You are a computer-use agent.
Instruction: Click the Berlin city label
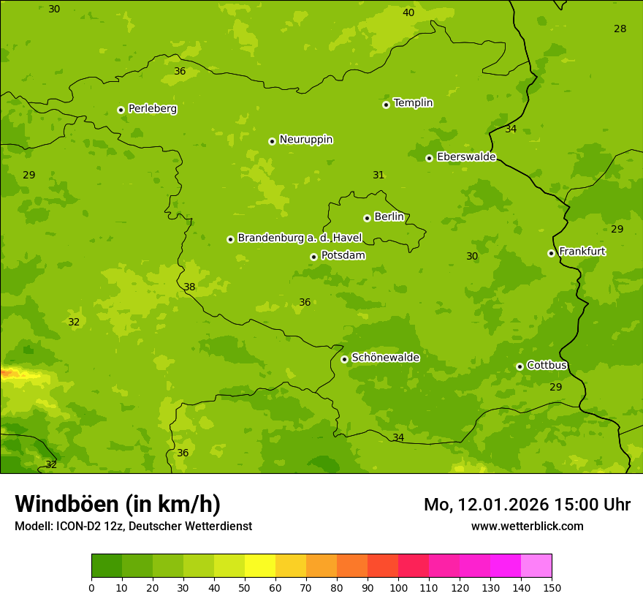coord(389,217)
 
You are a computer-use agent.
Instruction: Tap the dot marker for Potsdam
coord(313,257)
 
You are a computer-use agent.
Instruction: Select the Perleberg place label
coord(152,109)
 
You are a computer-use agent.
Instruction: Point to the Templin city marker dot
coord(386,105)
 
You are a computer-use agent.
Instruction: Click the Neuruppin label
coord(305,140)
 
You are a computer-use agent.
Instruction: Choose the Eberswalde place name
coord(466,157)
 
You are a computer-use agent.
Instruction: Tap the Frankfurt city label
coord(582,252)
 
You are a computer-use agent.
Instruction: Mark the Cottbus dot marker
coord(520,366)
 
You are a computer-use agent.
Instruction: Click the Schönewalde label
coord(385,358)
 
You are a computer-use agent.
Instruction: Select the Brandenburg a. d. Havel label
coord(300,238)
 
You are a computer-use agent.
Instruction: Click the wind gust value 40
coord(408,12)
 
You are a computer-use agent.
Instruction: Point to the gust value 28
coord(620,29)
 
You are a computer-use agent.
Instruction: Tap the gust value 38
coord(189,287)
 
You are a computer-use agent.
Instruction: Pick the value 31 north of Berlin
coord(378,176)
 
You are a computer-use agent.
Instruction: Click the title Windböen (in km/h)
coord(118,504)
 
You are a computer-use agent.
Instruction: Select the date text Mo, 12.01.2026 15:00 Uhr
coord(527,505)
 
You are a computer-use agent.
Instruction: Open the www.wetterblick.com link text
coord(527,526)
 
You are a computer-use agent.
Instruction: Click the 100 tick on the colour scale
coord(398,587)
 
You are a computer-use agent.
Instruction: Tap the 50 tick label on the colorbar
coord(245,587)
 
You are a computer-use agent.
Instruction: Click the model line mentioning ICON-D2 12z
coord(133,526)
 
